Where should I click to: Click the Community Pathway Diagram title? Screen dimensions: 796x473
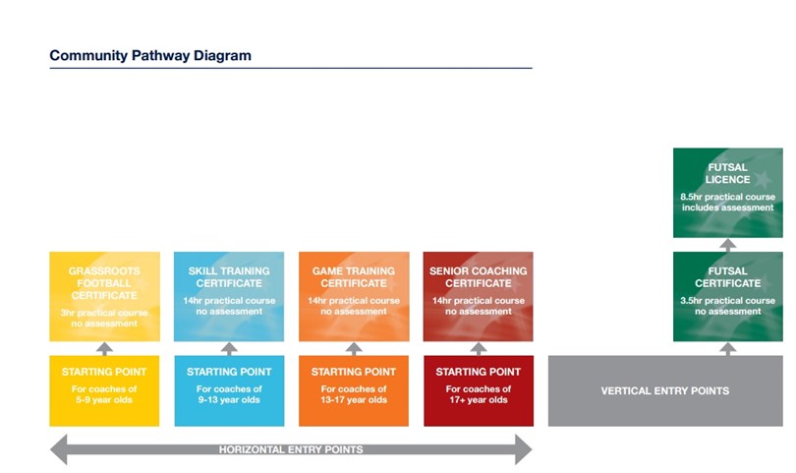(150, 55)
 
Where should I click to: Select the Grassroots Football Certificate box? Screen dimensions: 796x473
(104, 296)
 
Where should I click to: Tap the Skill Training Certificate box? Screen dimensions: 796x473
(229, 296)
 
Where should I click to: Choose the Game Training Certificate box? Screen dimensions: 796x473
(354, 296)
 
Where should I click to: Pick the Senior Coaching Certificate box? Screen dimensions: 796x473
(479, 296)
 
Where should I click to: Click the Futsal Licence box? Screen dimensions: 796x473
(728, 193)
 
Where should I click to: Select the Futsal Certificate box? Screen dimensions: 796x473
(728, 296)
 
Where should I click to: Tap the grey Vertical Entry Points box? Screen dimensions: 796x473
(665, 390)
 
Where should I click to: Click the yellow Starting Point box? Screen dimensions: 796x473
(104, 390)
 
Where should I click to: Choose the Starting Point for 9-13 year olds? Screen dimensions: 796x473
(229, 390)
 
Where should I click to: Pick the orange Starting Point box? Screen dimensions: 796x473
(354, 390)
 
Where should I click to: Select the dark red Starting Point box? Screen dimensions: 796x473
(479, 390)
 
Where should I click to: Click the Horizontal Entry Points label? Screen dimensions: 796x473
(291, 449)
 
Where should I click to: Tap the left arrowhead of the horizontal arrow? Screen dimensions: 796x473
(58, 449)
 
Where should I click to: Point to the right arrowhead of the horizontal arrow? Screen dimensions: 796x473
(524, 449)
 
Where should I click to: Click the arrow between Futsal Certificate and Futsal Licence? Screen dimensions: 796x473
(728, 245)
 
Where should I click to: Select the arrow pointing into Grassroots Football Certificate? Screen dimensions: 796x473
(104, 348)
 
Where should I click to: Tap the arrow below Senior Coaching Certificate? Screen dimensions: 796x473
(479, 348)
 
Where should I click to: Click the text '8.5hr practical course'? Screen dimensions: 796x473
(728, 197)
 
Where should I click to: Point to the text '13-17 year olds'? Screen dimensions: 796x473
(354, 400)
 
